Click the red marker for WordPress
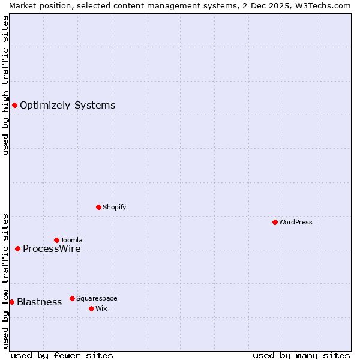(x=275, y=222)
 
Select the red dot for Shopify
(x=98, y=207)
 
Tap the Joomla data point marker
(x=56, y=240)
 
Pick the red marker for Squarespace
(x=72, y=298)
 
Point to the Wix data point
(x=91, y=308)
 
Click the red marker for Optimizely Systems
(x=14, y=106)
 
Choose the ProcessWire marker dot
(x=17, y=248)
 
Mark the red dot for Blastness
(x=11, y=302)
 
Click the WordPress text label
(x=296, y=222)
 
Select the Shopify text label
(x=114, y=207)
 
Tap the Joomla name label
(x=71, y=240)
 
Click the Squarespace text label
(x=97, y=298)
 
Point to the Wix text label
(x=101, y=308)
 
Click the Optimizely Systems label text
(x=67, y=106)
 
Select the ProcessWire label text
(x=52, y=248)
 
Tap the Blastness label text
(x=39, y=302)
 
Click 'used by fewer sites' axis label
(x=62, y=355)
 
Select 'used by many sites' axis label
(x=301, y=355)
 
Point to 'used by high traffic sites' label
(x=5, y=85)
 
